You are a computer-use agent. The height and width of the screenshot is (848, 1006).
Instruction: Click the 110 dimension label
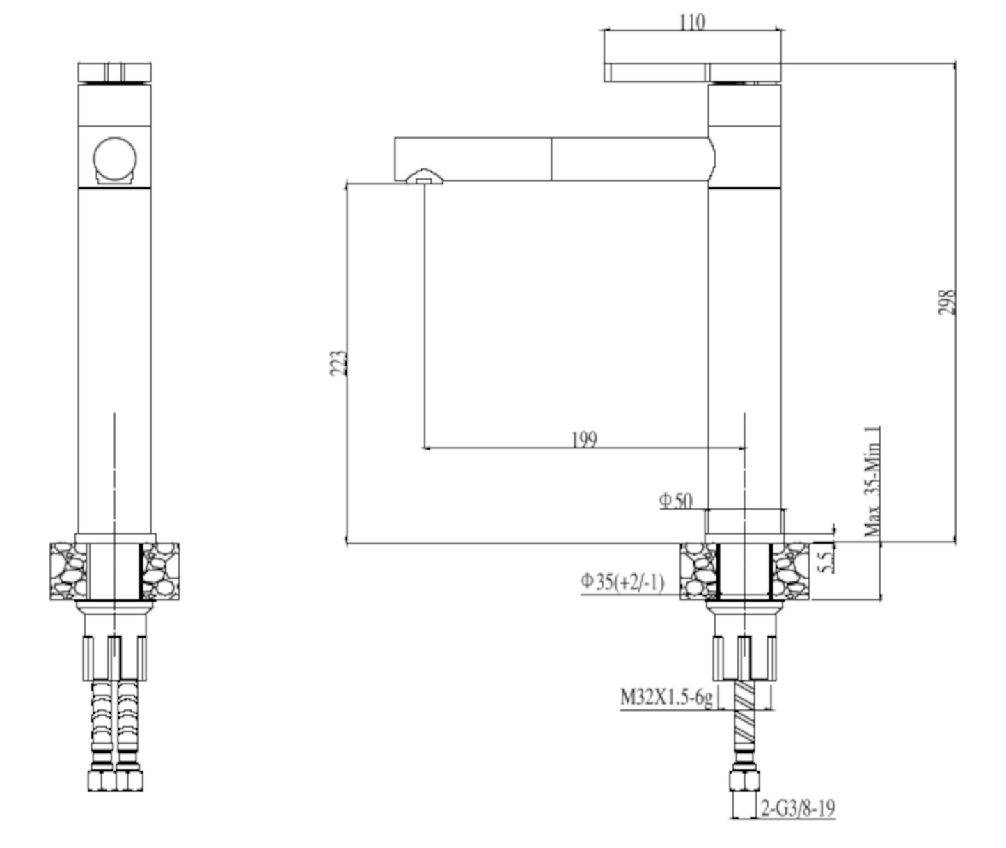point(692,22)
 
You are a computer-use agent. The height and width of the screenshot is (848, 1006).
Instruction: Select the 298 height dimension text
point(946,302)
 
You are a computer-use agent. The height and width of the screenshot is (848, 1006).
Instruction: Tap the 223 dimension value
point(338,363)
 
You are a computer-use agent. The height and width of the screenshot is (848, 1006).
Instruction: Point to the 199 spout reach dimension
point(584,439)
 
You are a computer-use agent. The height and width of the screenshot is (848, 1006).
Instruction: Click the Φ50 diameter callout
point(676,501)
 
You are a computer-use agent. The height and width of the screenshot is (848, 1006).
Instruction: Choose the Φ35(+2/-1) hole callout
point(622,582)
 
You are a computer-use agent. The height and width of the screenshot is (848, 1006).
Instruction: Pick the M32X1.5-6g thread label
point(666,698)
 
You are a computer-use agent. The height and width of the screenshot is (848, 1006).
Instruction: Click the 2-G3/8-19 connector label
point(798,808)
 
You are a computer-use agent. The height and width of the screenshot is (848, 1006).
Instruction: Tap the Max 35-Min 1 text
point(872,482)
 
